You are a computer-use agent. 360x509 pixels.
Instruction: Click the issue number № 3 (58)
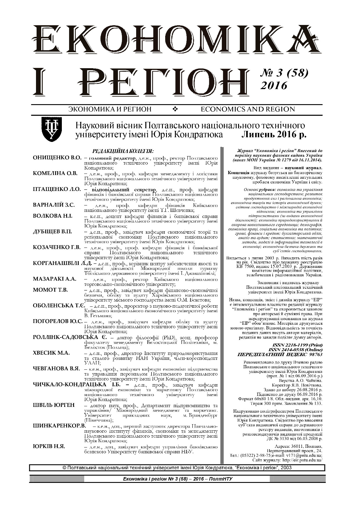pos(285,74)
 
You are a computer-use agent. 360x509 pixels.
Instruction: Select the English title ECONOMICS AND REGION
pos(247,109)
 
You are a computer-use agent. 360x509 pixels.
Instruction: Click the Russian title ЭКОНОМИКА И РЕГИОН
pos(110,109)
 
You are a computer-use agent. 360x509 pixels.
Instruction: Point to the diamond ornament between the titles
pos(175,109)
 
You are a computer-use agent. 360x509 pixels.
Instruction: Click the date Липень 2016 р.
pos(274,135)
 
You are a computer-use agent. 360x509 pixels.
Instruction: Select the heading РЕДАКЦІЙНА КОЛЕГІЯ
pos(123,151)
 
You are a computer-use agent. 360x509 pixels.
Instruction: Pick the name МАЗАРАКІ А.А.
pos(55,279)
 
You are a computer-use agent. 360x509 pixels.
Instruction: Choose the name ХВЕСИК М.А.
pos(51,353)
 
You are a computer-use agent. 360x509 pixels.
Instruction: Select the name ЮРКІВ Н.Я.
pos(49,447)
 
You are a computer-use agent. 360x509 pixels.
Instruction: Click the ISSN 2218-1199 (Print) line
pos(298,345)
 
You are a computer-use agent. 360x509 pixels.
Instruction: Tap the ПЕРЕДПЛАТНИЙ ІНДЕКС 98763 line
pos(280,355)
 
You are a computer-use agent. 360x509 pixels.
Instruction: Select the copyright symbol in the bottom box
pos(64,468)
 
